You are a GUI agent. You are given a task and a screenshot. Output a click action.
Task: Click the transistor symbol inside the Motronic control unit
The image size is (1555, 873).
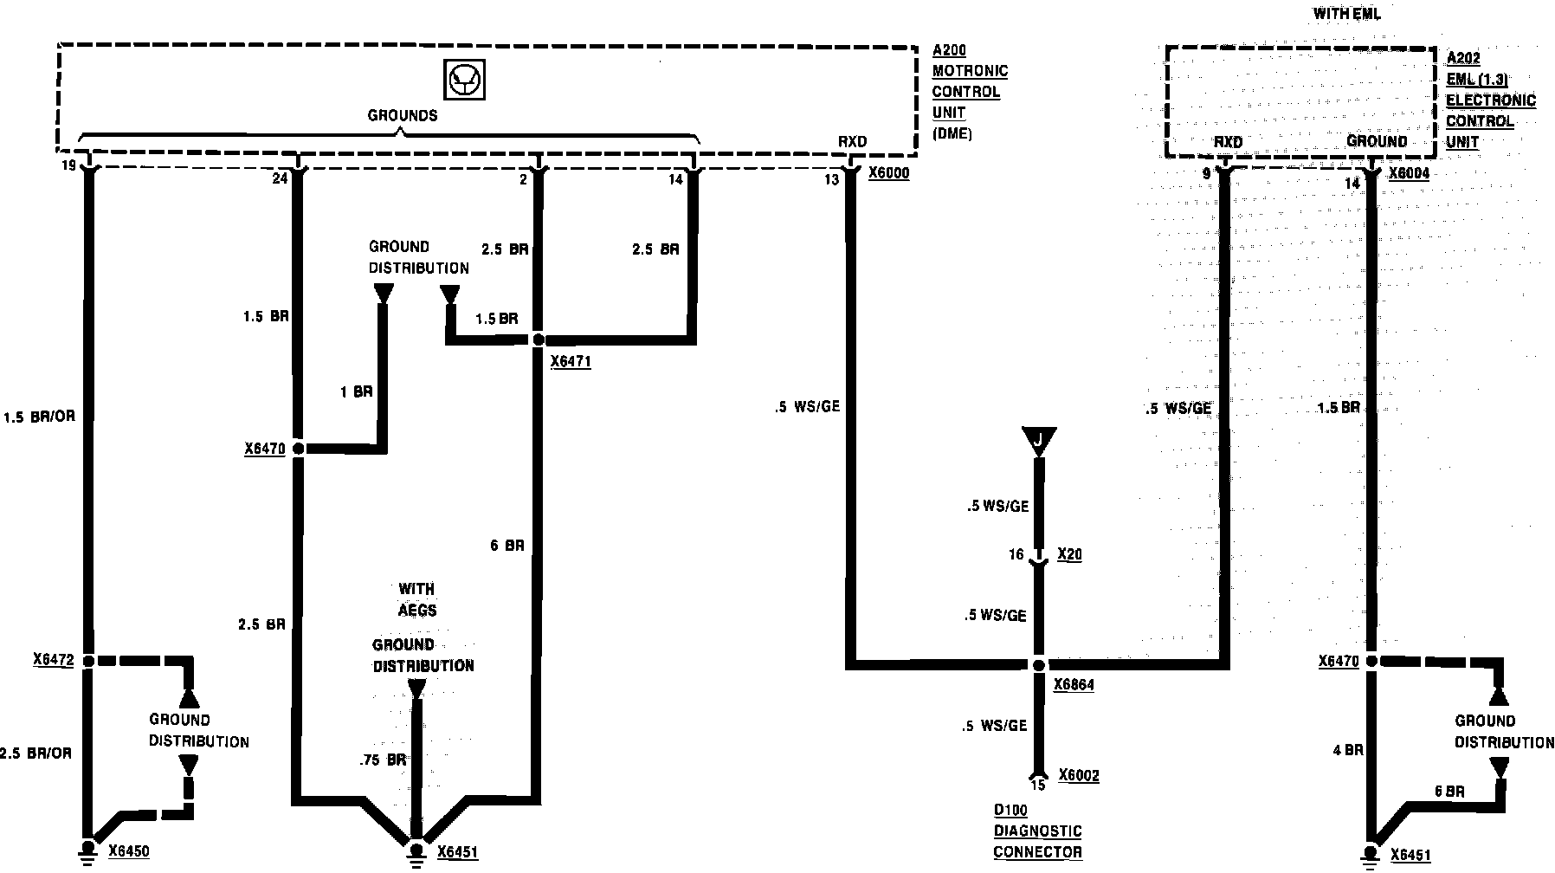pos(464,80)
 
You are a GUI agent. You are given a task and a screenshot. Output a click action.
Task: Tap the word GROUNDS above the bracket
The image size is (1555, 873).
pos(403,115)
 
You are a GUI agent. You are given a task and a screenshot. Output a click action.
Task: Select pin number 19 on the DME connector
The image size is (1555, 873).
pos(69,165)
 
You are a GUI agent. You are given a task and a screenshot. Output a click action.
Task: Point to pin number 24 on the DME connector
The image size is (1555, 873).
pos(280,179)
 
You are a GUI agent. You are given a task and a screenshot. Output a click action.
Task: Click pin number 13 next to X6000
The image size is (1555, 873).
pos(831,179)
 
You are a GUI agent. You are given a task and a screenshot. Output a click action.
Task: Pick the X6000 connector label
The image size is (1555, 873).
pos(888,173)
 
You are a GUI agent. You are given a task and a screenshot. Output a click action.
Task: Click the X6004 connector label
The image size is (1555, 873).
pos(1409,173)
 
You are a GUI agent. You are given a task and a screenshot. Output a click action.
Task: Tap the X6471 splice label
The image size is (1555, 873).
pos(571,361)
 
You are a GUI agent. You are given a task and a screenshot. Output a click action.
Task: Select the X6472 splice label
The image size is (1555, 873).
pos(54,660)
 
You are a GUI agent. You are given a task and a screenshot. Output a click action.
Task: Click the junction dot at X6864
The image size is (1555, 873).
pos(1038,665)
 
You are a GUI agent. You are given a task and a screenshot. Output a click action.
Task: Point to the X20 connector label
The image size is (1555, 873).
pos(1069,554)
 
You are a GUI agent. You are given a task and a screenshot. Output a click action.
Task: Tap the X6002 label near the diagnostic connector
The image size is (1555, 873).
pos(1079,775)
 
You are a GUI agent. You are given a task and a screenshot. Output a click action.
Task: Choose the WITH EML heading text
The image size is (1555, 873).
pos(1346,14)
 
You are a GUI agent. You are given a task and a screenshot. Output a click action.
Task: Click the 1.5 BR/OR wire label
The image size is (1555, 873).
pos(40,417)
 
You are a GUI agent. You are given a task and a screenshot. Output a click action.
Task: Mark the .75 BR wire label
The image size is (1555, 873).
pos(383,760)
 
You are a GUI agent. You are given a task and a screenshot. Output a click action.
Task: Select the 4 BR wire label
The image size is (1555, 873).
pos(1348,750)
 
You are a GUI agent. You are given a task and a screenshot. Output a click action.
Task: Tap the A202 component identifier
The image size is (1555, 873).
pos(1463,58)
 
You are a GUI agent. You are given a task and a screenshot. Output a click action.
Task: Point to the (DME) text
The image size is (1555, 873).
pos(952,133)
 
